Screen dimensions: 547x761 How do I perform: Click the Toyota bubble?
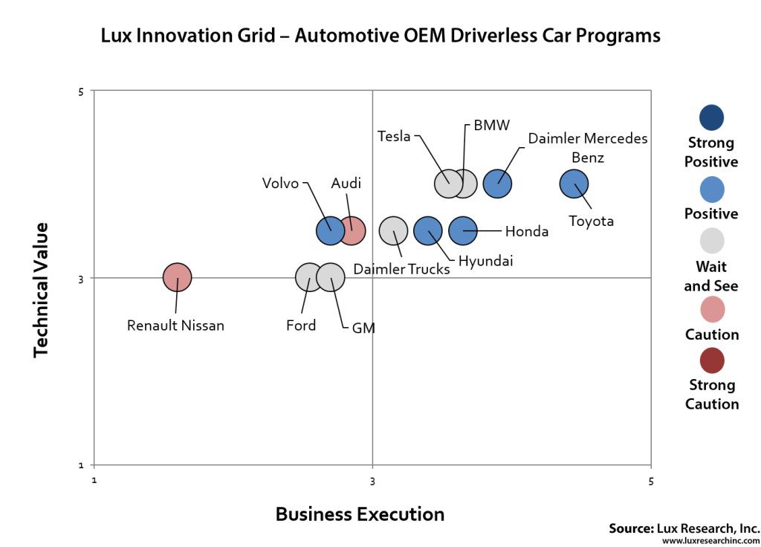573,184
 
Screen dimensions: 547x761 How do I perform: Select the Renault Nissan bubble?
177,278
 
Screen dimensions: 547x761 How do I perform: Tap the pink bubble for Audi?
352,231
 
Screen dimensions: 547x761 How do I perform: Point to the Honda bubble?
463,231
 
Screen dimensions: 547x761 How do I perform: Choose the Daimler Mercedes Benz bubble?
498,184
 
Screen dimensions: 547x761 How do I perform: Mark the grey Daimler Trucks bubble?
394,231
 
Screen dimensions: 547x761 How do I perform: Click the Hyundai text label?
485,261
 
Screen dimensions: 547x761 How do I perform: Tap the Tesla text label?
394,137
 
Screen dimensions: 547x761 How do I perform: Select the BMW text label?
492,126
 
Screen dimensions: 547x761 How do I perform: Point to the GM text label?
363,328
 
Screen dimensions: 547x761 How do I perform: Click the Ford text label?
301,326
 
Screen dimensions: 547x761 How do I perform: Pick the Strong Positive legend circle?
711,117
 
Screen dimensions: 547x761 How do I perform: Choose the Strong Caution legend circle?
711,361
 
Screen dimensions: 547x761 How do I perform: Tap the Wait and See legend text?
711,276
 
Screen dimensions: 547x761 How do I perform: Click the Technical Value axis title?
41,289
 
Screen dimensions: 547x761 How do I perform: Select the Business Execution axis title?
360,514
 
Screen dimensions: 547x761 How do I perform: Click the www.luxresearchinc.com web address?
710,540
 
